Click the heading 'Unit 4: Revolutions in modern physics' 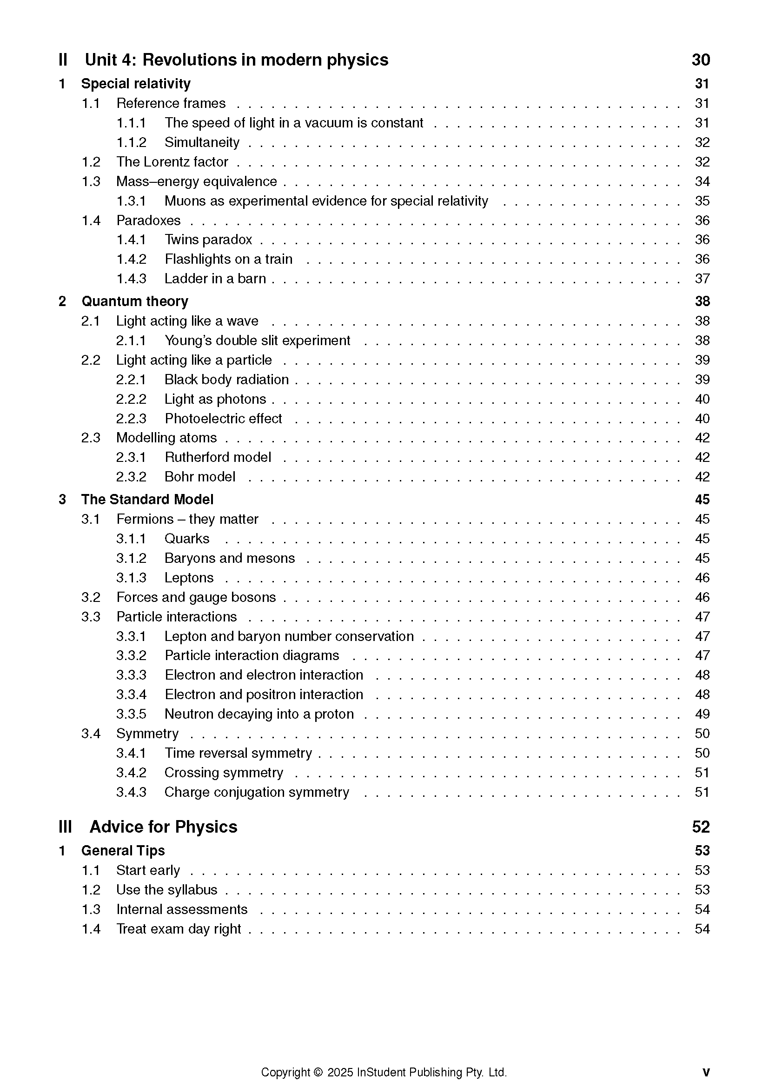pyautogui.click(x=236, y=60)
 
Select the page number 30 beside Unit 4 pyautogui.click(x=700, y=60)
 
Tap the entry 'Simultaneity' pyautogui.click(x=202, y=142)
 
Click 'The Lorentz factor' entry pyautogui.click(x=172, y=161)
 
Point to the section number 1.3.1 pyautogui.click(x=131, y=201)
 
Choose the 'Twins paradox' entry pyautogui.click(x=208, y=240)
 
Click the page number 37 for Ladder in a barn pyautogui.click(x=702, y=279)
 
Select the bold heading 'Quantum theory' pyautogui.click(x=135, y=301)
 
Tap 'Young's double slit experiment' pyautogui.click(x=257, y=340)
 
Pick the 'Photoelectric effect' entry pyautogui.click(x=223, y=419)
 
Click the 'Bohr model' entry pyautogui.click(x=199, y=477)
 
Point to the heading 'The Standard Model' pyautogui.click(x=147, y=500)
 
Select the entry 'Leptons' pyautogui.click(x=189, y=578)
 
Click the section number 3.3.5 pyautogui.click(x=131, y=714)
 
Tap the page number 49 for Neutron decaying pyautogui.click(x=702, y=714)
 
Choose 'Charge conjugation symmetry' pyautogui.click(x=257, y=792)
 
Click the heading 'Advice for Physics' pyautogui.click(x=163, y=827)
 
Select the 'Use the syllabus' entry pyautogui.click(x=167, y=890)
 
